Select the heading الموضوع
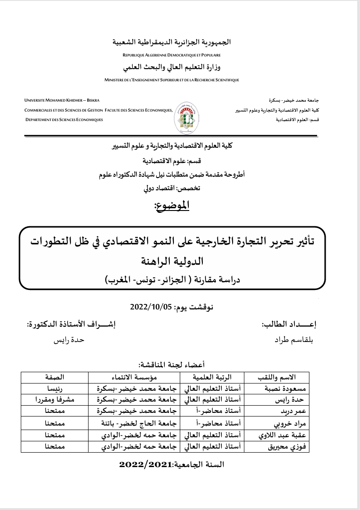coord(172,206)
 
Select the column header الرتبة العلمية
coord(212,377)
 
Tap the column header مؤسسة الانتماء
coord(134,377)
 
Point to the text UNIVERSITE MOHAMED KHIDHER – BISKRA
coord(62,100)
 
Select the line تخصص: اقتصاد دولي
coord(175,189)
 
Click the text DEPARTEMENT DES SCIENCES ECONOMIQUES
coord(64,120)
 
